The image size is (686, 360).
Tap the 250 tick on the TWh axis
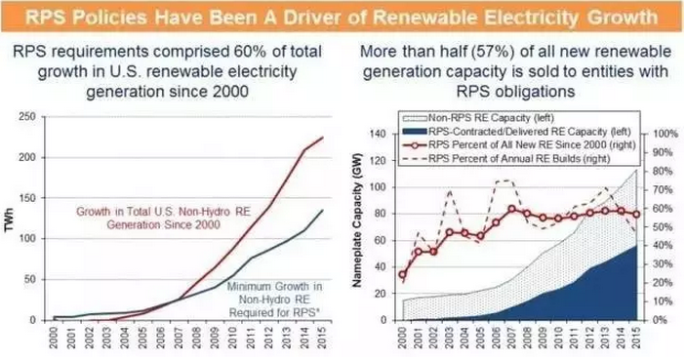click(27, 117)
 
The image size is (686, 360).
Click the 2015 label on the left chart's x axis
click(322, 338)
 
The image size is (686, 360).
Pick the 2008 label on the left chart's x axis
click(197, 338)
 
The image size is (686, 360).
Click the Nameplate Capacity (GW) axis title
click(358, 220)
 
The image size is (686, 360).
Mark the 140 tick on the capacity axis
click(379, 134)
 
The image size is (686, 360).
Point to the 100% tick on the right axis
click(665, 134)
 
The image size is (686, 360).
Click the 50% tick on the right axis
click(663, 227)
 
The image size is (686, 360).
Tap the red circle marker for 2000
click(402, 275)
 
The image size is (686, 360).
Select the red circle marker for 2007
click(511, 209)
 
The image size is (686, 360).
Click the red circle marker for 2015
click(636, 215)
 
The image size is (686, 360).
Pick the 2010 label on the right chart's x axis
click(558, 338)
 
